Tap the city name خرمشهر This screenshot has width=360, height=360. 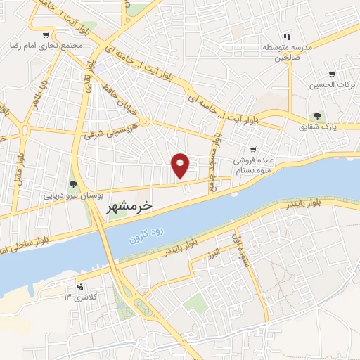[x=129, y=207]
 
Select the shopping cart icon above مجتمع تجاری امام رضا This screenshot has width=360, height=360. [x=46, y=34]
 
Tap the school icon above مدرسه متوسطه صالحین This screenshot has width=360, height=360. [x=286, y=37]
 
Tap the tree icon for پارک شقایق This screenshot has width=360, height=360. [x=318, y=116]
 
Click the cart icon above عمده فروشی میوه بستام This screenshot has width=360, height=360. [x=253, y=150]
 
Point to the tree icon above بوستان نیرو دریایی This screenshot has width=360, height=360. [x=72, y=185]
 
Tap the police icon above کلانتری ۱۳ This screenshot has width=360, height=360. [x=81, y=286]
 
